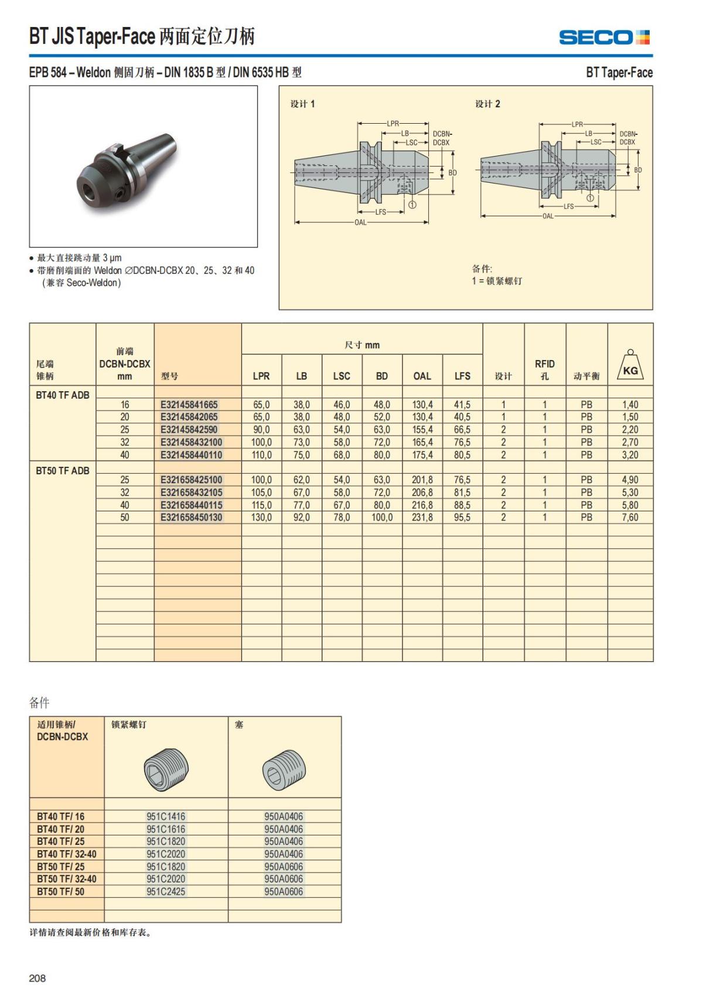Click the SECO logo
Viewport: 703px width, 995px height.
click(604, 38)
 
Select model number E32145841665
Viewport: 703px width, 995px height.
click(189, 405)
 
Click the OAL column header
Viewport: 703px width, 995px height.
click(422, 376)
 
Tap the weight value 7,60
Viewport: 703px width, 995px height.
click(630, 517)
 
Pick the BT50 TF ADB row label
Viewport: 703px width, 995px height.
click(63, 471)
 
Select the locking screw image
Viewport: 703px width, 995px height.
click(166, 769)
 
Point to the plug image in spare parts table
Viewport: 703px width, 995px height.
click(284, 769)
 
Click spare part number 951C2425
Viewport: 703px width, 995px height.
click(166, 891)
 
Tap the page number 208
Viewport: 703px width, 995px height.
click(37, 978)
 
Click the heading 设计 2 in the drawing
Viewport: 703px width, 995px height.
click(487, 104)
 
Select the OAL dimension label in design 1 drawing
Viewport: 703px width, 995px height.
click(360, 222)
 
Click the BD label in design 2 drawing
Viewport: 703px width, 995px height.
click(638, 170)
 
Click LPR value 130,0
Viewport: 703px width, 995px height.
click(261, 517)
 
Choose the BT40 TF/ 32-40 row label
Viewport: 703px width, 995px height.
click(66, 854)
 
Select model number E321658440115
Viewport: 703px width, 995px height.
click(192, 505)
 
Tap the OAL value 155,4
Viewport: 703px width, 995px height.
click(422, 430)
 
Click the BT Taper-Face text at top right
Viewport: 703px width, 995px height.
click(619, 73)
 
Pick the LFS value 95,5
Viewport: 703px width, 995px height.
click(462, 517)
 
